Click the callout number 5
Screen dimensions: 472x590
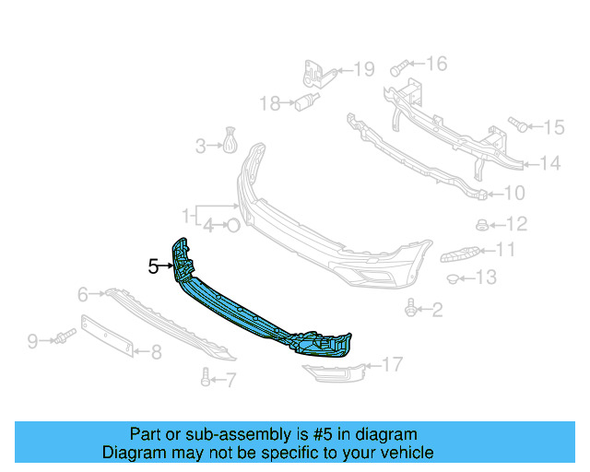(x=154, y=266)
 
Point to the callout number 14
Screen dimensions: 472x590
(x=549, y=164)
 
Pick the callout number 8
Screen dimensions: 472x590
(x=156, y=351)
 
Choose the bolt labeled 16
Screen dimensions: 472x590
(x=398, y=66)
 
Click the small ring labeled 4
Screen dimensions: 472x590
(x=233, y=223)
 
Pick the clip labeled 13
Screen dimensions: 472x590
(x=453, y=277)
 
